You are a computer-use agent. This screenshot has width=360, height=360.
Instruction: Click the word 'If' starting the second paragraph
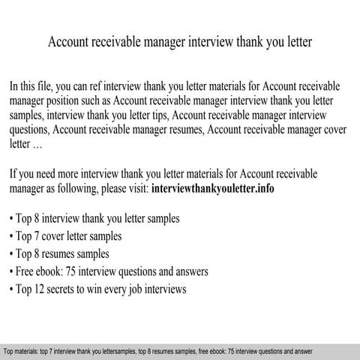coord(13,173)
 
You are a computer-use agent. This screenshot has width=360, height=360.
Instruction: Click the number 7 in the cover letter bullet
coord(39,235)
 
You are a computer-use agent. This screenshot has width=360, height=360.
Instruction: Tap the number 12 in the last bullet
coord(42,288)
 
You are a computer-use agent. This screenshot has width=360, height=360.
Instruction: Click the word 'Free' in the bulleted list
coord(27,271)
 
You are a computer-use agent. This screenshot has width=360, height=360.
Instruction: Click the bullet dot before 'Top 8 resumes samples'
coord(12,253)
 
